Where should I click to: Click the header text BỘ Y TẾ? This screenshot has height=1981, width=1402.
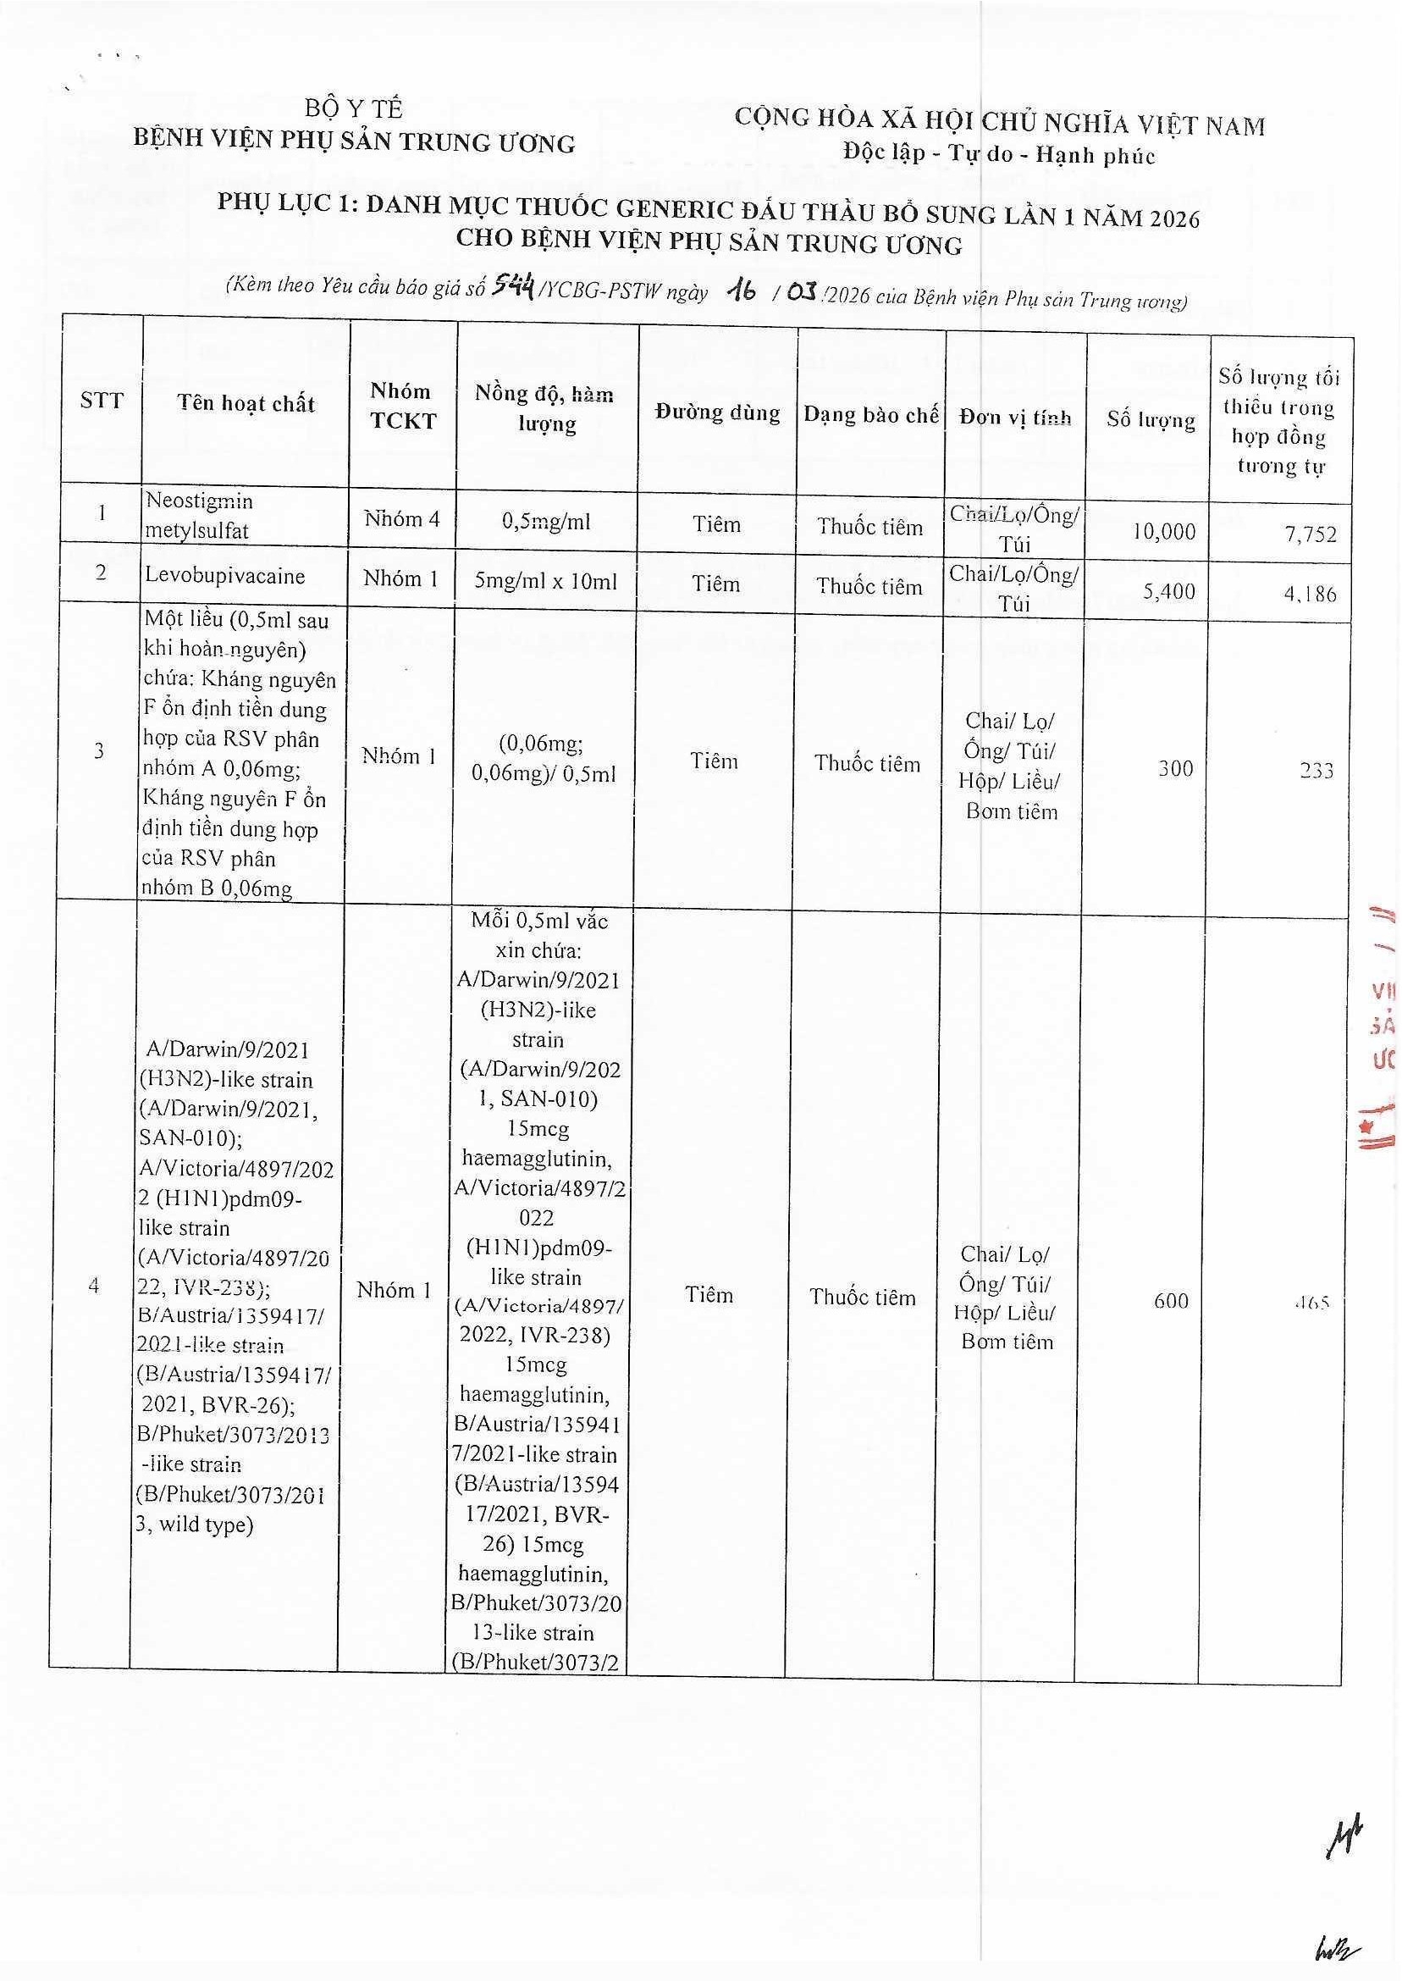tap(354, 108)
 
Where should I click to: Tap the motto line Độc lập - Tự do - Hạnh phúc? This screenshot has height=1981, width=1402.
tap(999, 156)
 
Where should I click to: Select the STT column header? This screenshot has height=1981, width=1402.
tap(102, 401)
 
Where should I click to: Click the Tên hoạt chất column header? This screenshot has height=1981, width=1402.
tap(246, 403)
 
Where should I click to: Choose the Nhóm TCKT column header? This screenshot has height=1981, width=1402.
tap(402, 406)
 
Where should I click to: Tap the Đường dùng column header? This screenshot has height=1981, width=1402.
tap(716, 412)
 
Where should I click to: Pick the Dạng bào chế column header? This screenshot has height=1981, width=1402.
tap(870, 415)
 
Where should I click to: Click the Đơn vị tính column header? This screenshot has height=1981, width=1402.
tap(1014, 418)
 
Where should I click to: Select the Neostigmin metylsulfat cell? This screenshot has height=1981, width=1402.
tap(201, 516)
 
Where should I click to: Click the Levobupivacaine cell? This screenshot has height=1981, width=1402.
tap(224, 576)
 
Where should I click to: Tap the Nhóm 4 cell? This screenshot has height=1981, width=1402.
tap(401, 519)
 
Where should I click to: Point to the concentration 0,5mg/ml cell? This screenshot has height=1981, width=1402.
tap(545, 522)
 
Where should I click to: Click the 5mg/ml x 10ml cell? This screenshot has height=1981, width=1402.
tap(545, 581)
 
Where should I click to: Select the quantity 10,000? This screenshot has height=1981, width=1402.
tap(1164, 531)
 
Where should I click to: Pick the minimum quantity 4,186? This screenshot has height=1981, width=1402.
tap(1310, 594)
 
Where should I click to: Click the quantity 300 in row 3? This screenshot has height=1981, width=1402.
tap(1175, 767)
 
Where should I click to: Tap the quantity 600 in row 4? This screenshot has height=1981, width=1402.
tap(1171, 1301)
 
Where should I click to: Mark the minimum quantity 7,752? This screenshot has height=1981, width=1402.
tap(1310, 534)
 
